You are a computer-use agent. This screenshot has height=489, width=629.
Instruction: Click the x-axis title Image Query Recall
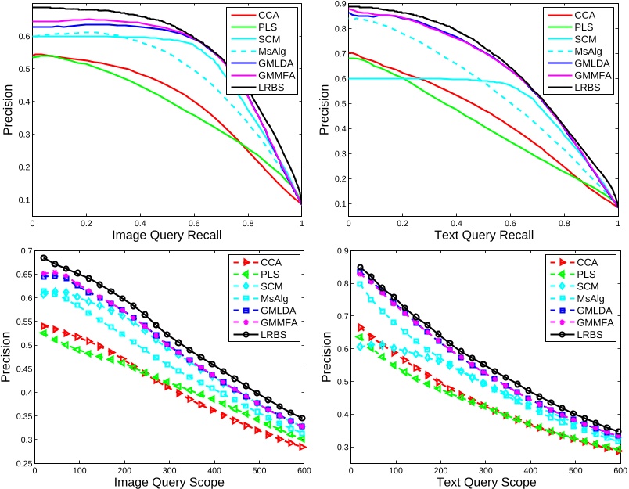point(167,234)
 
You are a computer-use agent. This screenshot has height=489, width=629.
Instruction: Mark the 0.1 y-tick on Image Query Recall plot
point(21,200)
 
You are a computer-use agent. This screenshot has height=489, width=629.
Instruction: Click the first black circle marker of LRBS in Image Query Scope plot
point(44,257)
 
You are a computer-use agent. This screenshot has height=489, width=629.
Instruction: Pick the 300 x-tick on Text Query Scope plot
point(484,472)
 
